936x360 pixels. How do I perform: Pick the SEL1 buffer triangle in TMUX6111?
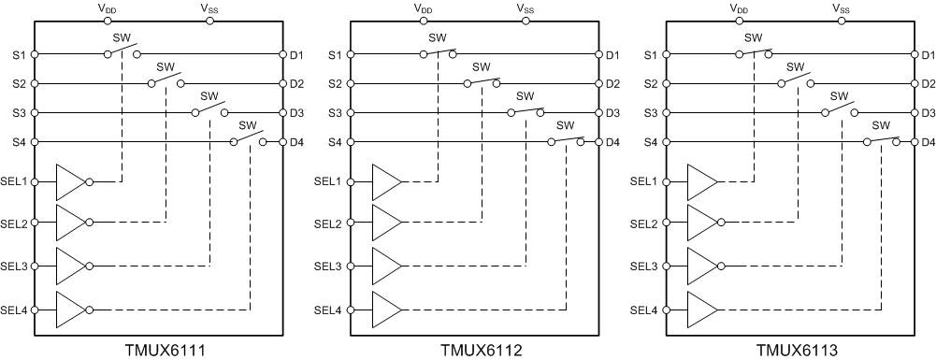coord(70,181)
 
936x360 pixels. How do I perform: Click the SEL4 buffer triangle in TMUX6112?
coord(386,309)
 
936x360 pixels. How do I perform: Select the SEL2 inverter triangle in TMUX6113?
coord(701,223)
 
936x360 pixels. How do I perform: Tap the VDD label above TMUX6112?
coord(424,8)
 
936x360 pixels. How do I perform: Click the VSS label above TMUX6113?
coord(841,8)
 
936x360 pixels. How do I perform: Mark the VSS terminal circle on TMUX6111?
coord(209,21)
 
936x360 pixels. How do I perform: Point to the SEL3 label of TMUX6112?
coord(329,266)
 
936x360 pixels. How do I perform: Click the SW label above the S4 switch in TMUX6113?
coord(880,126)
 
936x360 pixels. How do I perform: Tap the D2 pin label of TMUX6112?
coord(612,84)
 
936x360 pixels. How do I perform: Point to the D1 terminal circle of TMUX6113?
coord(912,54)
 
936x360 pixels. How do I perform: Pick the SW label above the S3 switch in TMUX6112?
coord(525,96)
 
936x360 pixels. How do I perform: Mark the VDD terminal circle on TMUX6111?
coord(108,21)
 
